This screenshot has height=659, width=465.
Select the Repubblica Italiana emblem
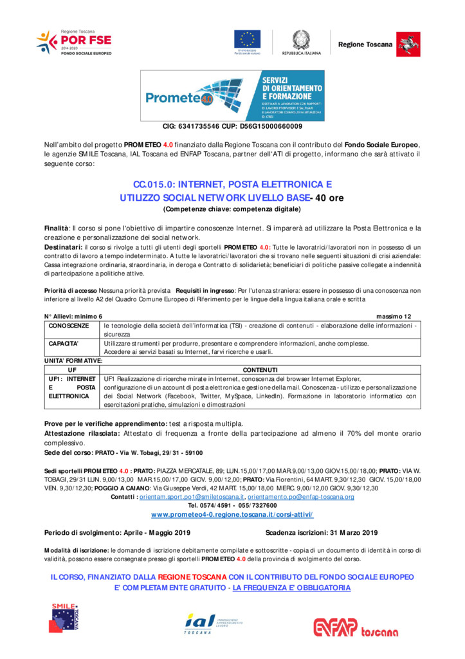pyautogui.click(x=300, y=41)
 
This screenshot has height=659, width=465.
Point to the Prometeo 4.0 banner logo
pyautogui.click(x=233, y=96)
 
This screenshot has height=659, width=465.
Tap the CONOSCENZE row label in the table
pyautogui.click(x=69, y=326)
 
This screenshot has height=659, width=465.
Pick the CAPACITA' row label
pyautogui.click(x=64, y=344)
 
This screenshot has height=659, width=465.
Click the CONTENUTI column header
pyautogui.click(x=260, y=370)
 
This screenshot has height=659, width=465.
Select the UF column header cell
pyautogui.click(x=72, y=370)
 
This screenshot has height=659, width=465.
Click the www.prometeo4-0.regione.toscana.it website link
pyautogui.click(x=232, y=515)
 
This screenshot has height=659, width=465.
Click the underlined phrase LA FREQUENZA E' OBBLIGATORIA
pyautogui.click(x=291, y=588)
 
